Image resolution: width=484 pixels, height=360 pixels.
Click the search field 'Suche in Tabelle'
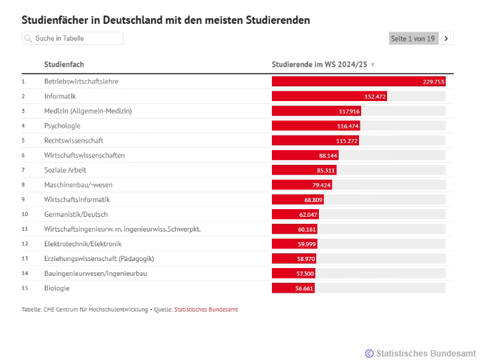73,39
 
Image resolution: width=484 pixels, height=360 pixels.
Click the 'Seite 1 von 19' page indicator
413,39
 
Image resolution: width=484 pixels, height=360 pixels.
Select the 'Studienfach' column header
64,65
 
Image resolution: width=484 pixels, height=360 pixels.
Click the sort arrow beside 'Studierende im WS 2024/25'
373,65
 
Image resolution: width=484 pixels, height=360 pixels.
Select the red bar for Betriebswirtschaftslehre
358,81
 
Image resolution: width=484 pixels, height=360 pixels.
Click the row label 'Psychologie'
63,126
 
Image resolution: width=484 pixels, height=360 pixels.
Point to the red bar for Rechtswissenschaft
315,140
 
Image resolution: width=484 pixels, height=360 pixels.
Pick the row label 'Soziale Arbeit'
66,170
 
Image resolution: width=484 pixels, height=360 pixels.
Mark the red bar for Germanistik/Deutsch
295,214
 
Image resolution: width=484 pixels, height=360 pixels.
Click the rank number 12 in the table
25,244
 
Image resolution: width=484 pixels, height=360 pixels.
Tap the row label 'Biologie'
57,288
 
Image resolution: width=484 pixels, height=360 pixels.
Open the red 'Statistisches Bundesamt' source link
206,309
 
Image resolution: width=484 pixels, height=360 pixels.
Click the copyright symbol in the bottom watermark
369,353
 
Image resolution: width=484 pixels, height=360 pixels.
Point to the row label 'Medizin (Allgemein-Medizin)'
88,111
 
